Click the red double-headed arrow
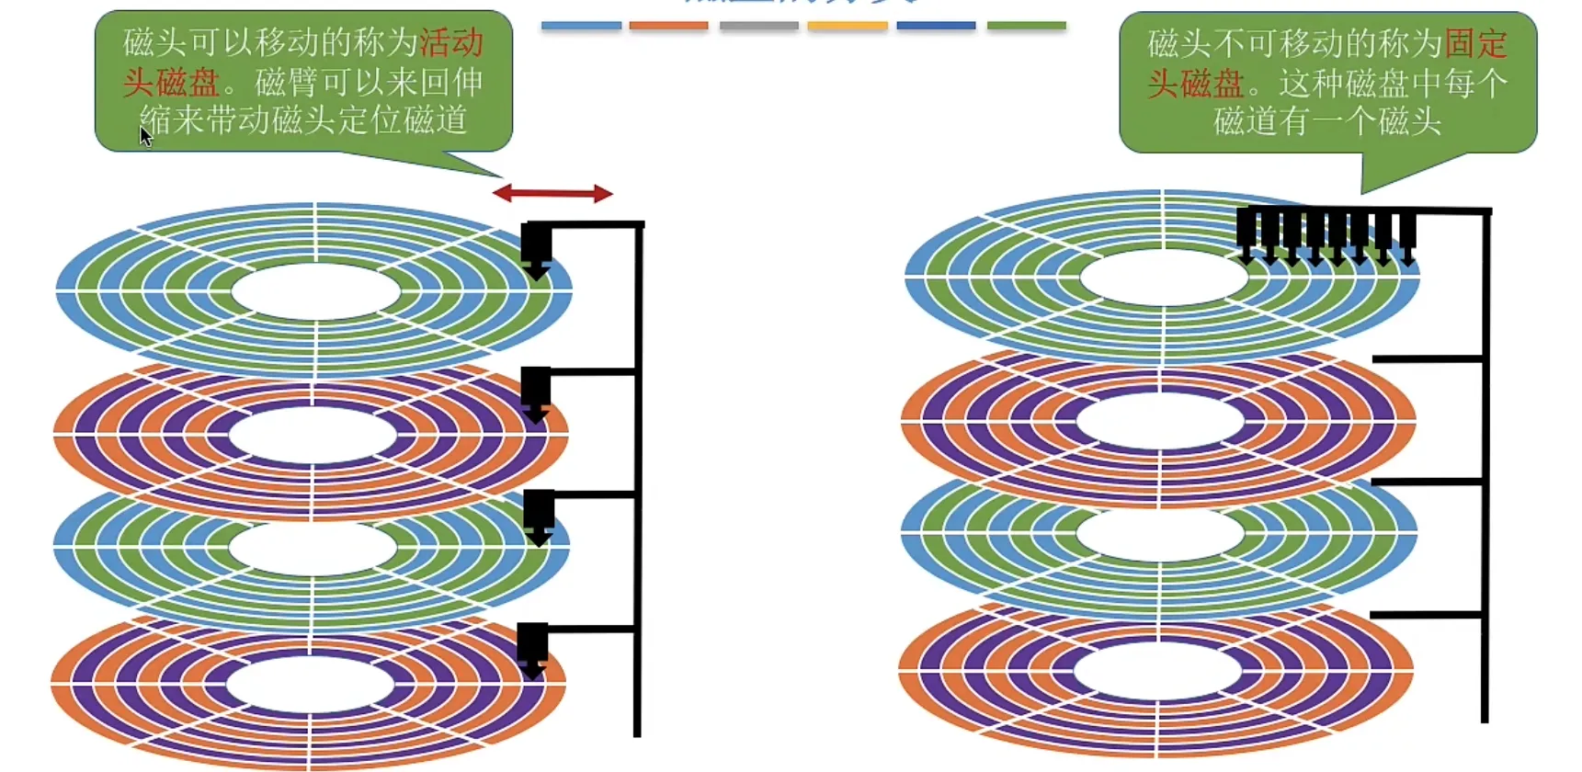tap(552, 193)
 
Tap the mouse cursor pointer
tap(145, 136)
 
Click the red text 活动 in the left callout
tap(451, 43)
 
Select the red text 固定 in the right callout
tap(1476, 44)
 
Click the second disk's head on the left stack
tap(536, 393)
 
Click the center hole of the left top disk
tap(315, 292)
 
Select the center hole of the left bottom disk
tap(311, 685)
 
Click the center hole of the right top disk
tap(1164, 276)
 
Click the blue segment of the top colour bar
tap(581, 26)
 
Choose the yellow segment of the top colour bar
tap(848, 26)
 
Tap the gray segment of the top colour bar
tap(758, 26)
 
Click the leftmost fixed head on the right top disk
tap(1246, 235)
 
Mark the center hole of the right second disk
tap(1160, 421)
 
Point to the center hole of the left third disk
tap(313, 548)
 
